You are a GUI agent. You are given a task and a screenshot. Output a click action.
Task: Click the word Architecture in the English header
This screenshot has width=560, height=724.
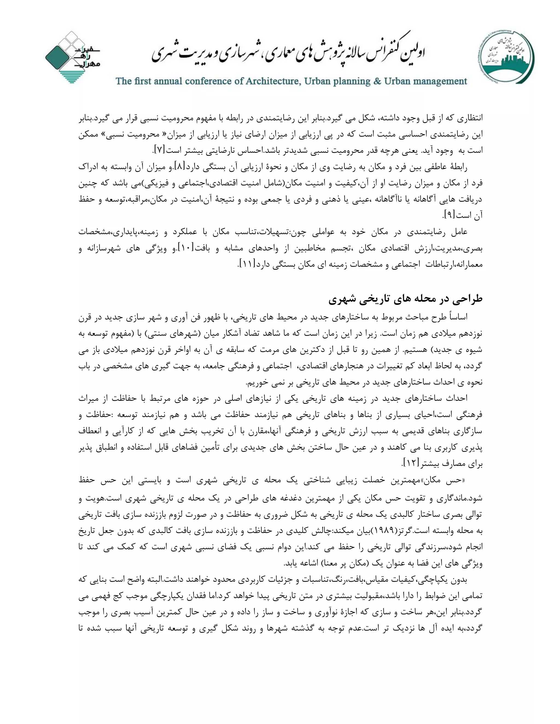[x=272, y=81]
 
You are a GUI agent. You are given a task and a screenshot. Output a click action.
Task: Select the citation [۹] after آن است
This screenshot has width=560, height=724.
[x=448, y=216]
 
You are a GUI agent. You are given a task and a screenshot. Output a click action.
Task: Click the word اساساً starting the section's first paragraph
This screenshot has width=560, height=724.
[x=458, y=317]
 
